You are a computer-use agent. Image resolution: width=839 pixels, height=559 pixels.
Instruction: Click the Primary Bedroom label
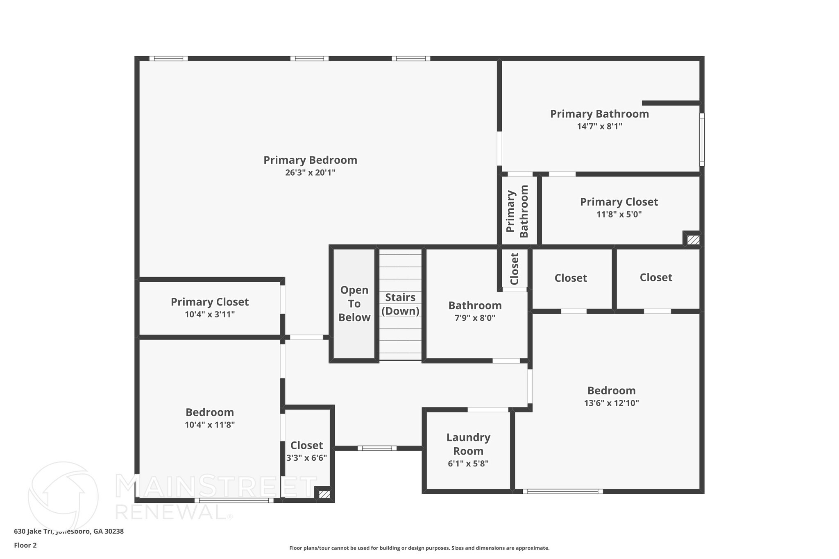coord(310,160)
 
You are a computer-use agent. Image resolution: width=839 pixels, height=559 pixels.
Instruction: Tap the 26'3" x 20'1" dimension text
coord(310,173)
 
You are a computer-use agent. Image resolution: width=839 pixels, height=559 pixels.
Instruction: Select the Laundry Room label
coord(468,444)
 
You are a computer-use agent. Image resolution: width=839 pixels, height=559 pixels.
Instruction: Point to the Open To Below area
coord(354,304)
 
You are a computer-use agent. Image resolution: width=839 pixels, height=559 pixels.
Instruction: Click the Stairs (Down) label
coord(400,304)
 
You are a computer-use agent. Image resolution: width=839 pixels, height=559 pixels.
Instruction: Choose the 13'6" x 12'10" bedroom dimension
coord(611,403)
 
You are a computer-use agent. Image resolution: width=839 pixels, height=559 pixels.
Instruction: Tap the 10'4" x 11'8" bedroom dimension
coord(209,425)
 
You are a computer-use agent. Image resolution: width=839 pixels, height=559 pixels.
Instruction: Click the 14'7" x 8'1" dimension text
coord(599,127)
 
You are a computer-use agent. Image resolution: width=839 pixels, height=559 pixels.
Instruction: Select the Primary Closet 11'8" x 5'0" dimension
coord(619,215)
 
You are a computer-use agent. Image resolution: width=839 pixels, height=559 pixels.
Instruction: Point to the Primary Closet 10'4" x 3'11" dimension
coord(209,315)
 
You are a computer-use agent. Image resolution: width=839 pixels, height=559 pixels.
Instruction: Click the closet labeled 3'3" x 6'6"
coord(306,446)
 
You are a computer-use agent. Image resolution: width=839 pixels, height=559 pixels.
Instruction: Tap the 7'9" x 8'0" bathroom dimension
coord(475,318)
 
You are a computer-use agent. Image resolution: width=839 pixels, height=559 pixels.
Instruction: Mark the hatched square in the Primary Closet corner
coord(693,240)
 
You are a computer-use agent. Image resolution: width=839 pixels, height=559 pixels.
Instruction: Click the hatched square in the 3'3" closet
coord(324,494)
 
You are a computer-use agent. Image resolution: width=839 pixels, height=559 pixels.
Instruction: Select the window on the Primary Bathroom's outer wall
coord(702,140)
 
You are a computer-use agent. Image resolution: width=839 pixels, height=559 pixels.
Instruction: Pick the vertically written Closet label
coord(515,269)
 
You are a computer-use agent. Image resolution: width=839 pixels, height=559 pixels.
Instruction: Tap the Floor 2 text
coord(25,545)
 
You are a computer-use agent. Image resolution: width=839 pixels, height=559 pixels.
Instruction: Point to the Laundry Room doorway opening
coord(488,410)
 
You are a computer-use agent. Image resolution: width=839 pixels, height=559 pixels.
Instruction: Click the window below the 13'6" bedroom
coord(562,491)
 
